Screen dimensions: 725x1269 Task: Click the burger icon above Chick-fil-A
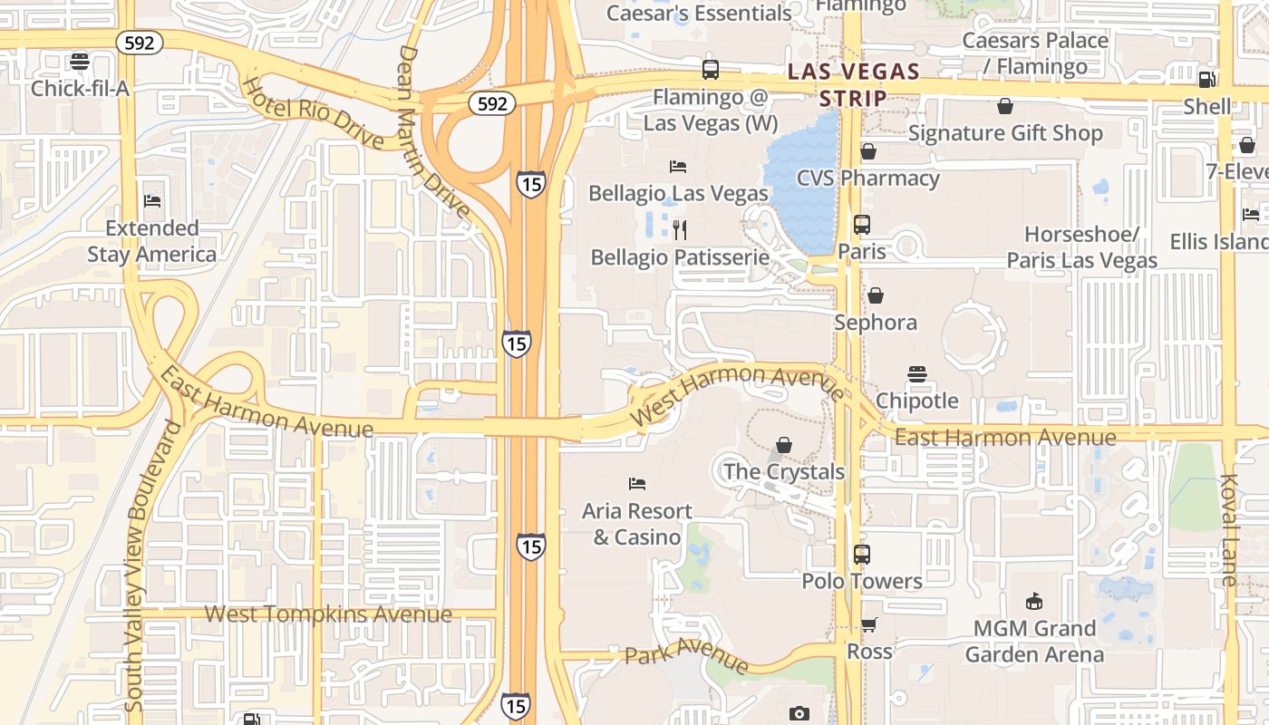coord(80,62)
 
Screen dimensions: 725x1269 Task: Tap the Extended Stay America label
coord(152,241)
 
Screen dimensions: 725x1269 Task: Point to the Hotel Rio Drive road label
coord(313,113)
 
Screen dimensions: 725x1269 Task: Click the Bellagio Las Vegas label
coord(678,193)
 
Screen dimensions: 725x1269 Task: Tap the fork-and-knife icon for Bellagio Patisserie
coord(680,229)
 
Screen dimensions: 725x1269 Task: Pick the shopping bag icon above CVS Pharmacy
coord(868,151)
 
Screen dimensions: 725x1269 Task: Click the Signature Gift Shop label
coord(1005,133)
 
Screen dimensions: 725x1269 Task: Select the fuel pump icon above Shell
coord(1206,80)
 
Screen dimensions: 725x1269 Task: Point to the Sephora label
coord(876,323)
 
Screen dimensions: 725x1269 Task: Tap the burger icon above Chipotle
coord(916,374)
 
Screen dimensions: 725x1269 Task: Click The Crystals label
coord(784,471)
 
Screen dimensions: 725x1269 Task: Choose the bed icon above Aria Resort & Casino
coord(637,484)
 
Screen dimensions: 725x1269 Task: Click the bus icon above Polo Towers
coord(862,554)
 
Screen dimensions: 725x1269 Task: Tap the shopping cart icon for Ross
coord(869,624)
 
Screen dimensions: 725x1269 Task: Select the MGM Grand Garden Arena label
coord(1034,641)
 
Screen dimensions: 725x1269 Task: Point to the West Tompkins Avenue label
coord(328,614)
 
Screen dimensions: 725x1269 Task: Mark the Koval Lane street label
coord(1229,530)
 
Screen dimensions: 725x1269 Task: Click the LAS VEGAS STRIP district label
coord(853,83)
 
